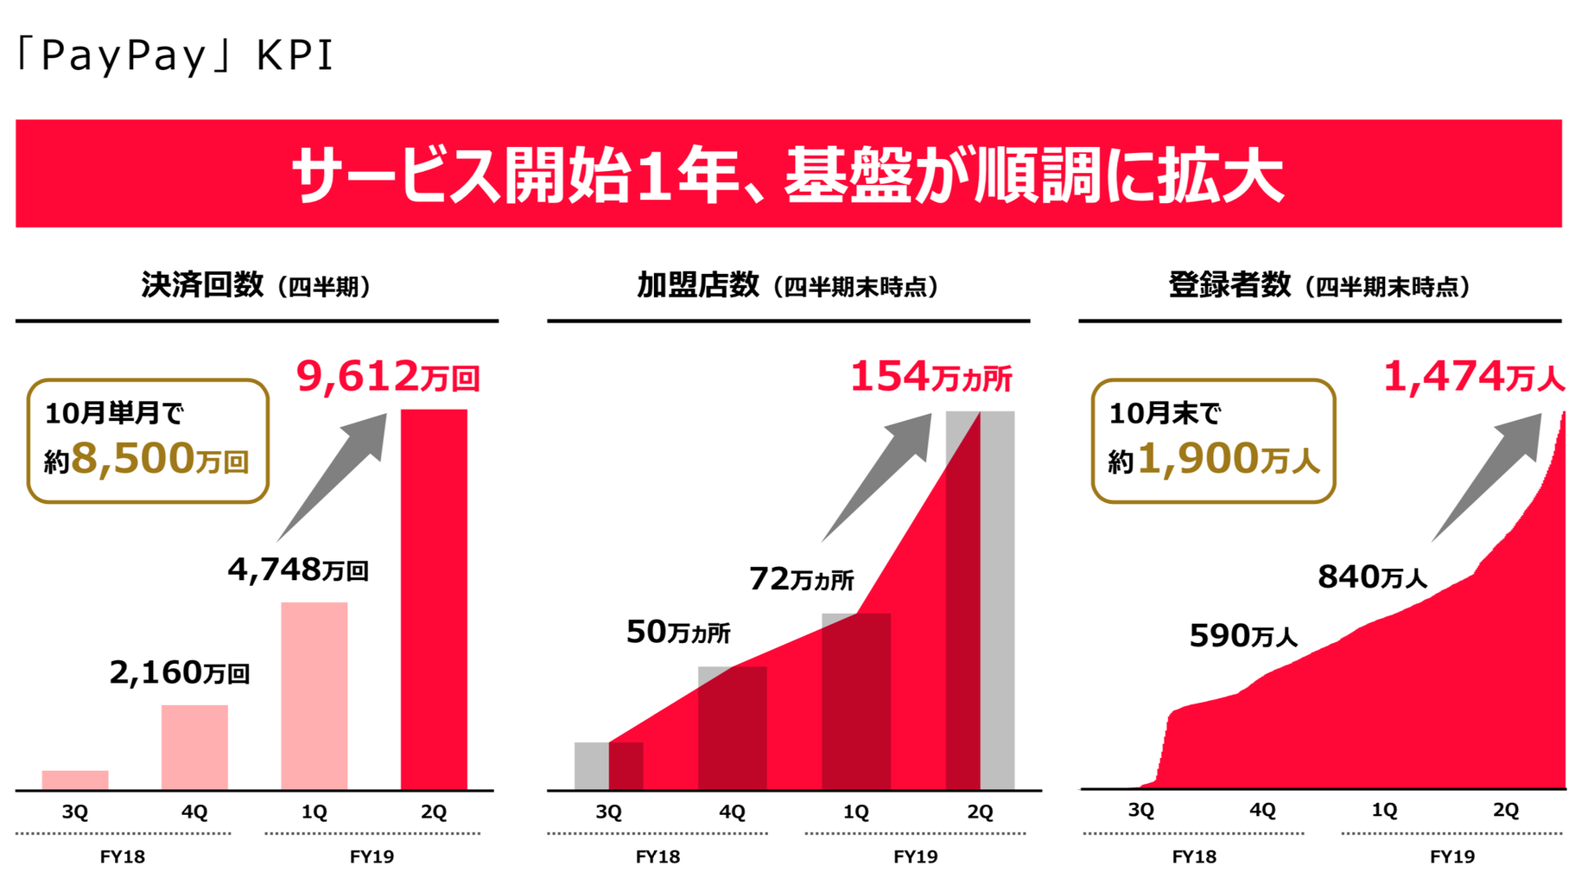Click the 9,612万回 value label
387,377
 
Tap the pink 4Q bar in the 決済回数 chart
194,747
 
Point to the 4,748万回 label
298,570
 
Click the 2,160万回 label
180,672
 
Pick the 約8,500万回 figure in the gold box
148,458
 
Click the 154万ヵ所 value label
930,377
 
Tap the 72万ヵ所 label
801,578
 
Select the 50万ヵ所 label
678,632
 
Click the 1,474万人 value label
1473,377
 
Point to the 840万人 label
1372,576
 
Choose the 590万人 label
1243,636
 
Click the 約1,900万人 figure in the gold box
1214,458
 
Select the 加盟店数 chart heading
787,285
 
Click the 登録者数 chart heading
1318,285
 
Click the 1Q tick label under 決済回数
314,812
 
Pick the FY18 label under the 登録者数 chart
1194,856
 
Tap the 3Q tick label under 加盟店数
609,812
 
